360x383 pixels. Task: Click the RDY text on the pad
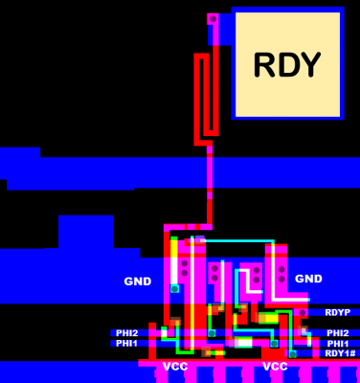click(286, 64)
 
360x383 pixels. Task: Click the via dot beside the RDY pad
click(213, 18)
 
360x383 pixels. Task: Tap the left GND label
click(138, 282)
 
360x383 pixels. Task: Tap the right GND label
click(308, 279)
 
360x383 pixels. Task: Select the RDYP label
click(337, 312)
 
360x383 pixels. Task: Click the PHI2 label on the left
click(127, 332)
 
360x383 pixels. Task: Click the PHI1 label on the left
click(127, 343)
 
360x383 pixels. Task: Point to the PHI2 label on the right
click(337, 332)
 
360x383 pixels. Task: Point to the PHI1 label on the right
click(337, 343)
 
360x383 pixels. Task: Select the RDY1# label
click(340, 353)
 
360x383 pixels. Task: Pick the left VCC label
click(175, 367)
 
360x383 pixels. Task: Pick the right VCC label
click(275, 367)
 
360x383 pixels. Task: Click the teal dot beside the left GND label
click(174, 287)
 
